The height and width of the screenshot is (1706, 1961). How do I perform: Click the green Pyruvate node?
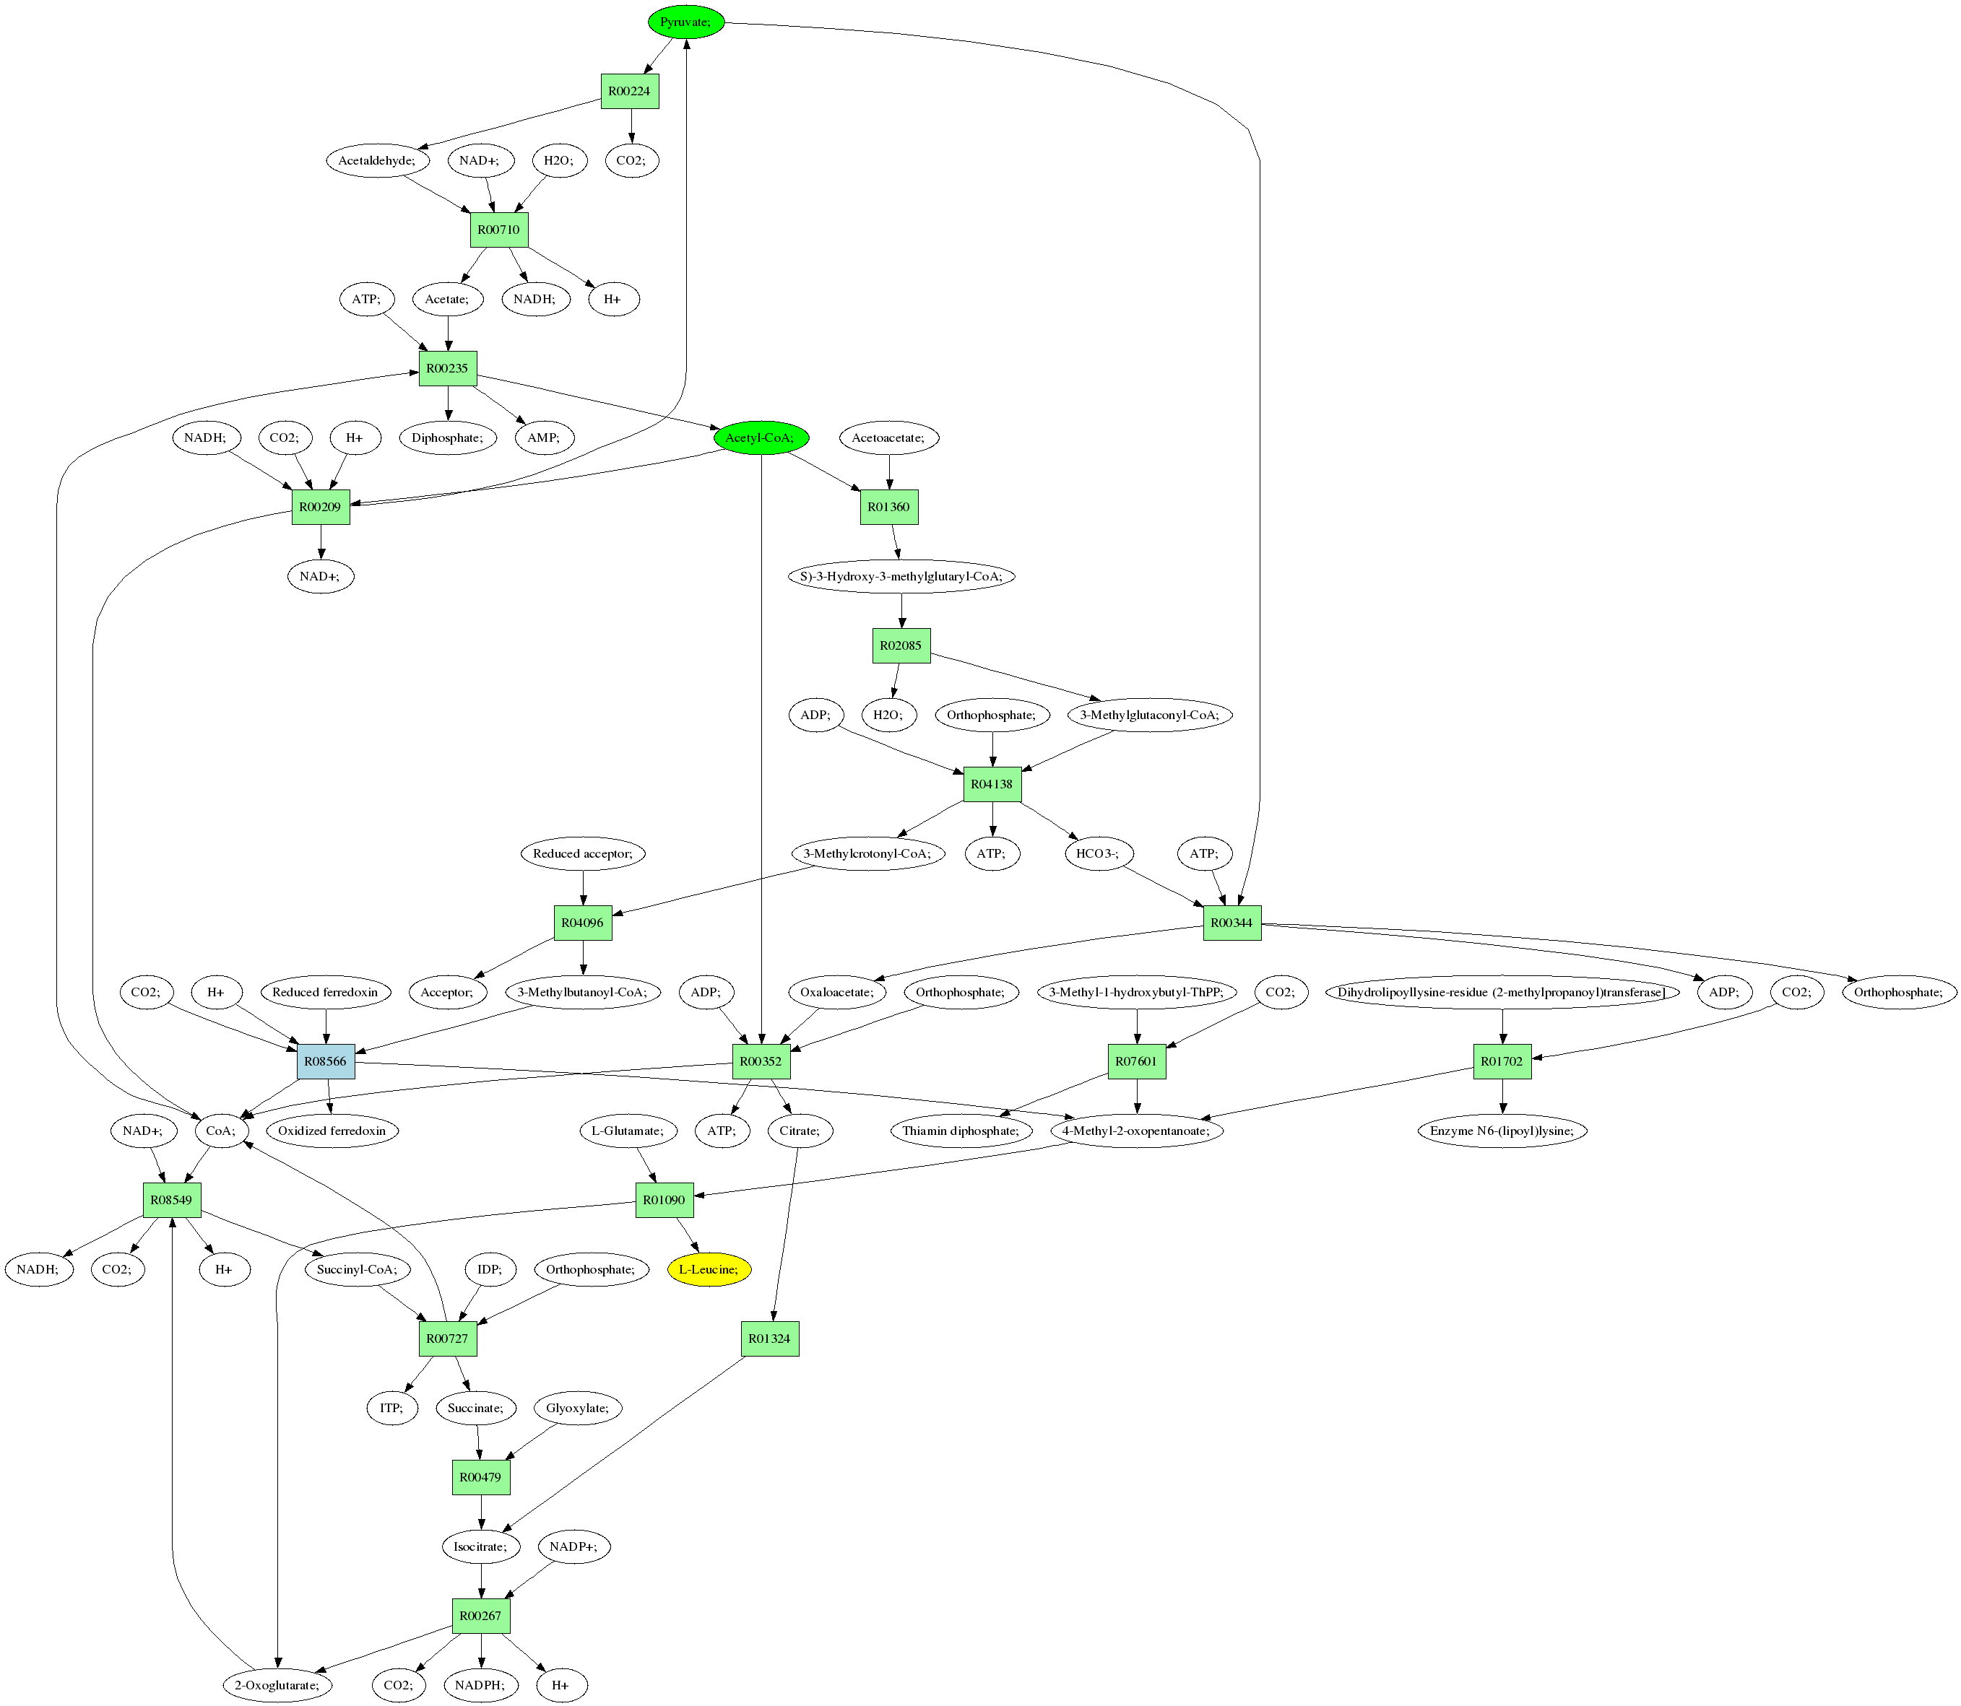(x=685, y=22)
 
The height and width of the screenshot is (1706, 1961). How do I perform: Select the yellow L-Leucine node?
(x=709, y=1269)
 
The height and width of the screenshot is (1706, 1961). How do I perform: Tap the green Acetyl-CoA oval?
(x=760, y=438)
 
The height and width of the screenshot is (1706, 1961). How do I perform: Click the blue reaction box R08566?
(x=326, y=1061)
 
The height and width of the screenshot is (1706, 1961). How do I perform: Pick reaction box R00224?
(x=630, y=92)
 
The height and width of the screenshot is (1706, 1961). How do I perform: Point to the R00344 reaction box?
(x=1231, y=923)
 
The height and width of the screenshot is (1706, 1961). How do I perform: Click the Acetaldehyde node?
(x=377, y=160)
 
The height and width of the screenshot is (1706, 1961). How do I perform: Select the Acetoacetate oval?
(x=888, y=438)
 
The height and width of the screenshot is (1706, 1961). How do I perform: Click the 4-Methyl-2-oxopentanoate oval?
(x=1136, y=1131)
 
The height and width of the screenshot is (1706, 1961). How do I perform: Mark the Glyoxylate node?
(x=578, y=1408)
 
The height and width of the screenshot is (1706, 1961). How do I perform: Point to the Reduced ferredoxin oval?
(x=325, y=992)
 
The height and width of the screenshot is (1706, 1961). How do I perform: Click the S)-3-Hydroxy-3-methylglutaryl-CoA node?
(x=901, y=576)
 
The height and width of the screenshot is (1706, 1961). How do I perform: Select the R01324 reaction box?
(x=769, y=1339)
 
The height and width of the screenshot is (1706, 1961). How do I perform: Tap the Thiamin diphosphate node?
(x=961, y=1131)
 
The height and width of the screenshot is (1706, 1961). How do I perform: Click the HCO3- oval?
(x=1097, y=853)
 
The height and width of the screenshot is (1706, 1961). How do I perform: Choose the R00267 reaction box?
(x=481, y=1616)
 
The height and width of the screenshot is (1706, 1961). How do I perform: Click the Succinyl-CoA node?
(x=357, y=1269)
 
